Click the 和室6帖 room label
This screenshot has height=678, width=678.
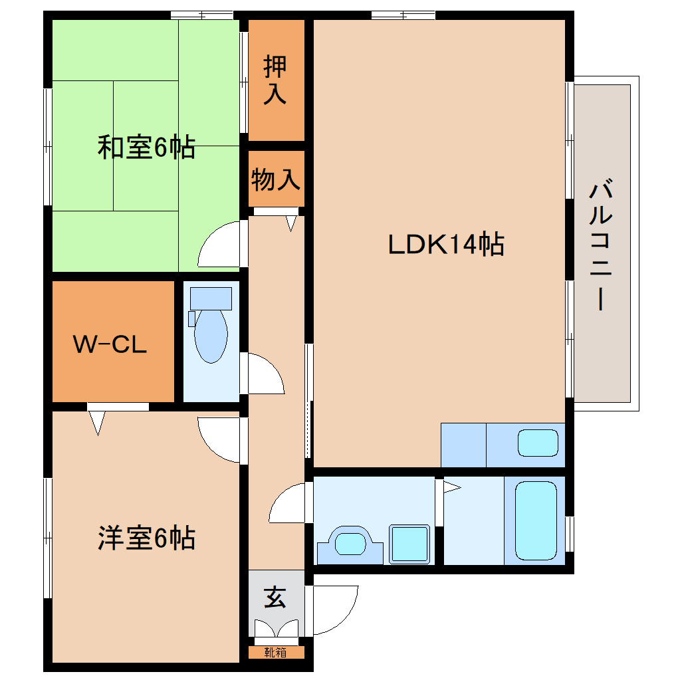tap(146, 147)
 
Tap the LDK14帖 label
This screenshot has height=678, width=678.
tap(446, 245)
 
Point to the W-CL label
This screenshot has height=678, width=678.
tap(110, 344)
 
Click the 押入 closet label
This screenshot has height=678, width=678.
tap(275, 80)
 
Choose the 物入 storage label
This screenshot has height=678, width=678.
tap(276, 179)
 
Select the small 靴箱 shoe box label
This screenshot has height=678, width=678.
tap(276, 652)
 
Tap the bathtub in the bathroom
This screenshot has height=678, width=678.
tap(535, 520)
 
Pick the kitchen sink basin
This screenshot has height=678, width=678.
tap(538, 443)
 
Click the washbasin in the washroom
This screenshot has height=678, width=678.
tap(350, 544)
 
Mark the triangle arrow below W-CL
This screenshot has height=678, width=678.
tap(98, 422)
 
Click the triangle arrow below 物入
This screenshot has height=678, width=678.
tap(291, 223)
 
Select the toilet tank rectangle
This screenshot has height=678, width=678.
tap(211, 298)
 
